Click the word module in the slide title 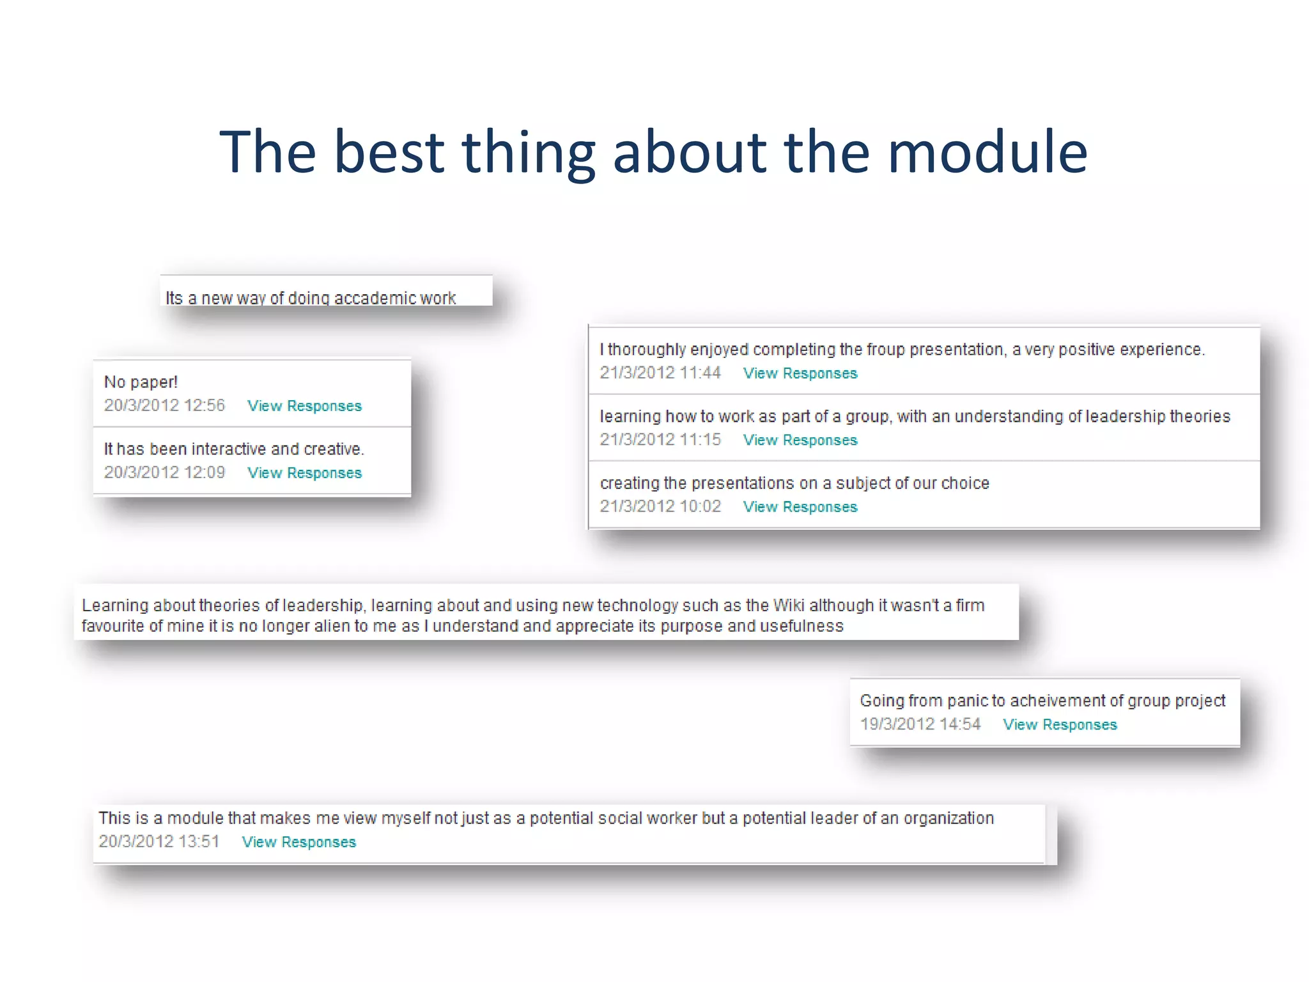point(987,152)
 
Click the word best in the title point(389,152)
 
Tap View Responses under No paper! point(304,406)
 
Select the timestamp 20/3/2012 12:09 point(164,472)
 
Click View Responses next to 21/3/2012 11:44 point(800,373)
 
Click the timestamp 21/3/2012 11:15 point(660,440)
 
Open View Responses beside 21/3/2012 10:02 point(800,507)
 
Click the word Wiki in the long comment point(788,605)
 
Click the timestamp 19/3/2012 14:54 point(920,724)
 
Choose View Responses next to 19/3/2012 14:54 point(1060,725)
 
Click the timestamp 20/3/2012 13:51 point(159,841)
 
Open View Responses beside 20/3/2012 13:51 point(298,842)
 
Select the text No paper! point(141,382)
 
